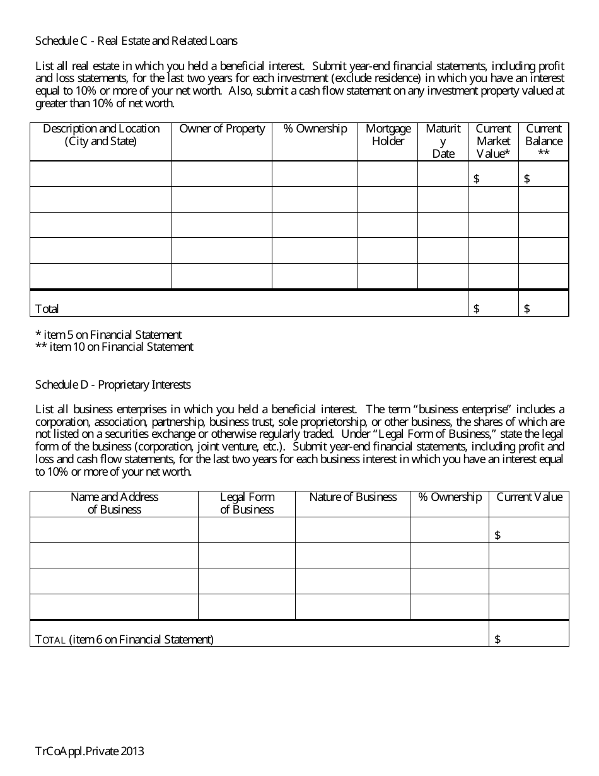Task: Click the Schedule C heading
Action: point(136,41)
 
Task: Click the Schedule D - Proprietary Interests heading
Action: point(113,384)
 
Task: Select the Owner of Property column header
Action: point(222,129)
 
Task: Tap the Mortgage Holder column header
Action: point(388,135)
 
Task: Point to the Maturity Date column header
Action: point(443,141)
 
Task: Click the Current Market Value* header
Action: point(493,141)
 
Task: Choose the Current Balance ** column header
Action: point(544,141)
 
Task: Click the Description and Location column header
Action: point(101,135)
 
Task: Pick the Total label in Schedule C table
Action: point(47,309)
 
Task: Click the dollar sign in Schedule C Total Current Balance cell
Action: point(527,309)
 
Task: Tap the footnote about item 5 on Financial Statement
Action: point(108,334)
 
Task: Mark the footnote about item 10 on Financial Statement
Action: point(114,346)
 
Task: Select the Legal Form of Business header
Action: point(247,503)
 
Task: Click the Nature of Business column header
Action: point(352,497)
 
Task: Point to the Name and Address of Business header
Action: point(114,503)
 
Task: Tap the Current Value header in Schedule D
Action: point(529,497)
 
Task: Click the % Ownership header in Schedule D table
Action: point(450,497)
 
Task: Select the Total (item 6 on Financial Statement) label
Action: point(124,639)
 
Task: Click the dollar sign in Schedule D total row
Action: point(497,639)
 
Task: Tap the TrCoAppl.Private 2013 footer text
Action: point(90,751)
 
